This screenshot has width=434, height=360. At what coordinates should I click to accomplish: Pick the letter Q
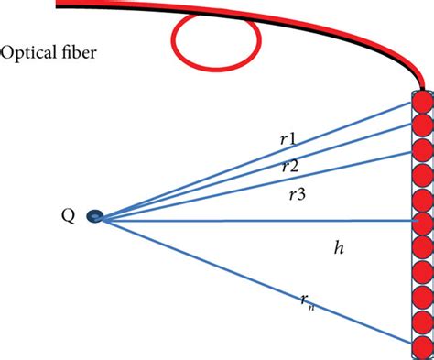click(x=68, y=216)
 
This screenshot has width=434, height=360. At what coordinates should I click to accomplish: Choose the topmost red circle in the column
click(x=422, y=103)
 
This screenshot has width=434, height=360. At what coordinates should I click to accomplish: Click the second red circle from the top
click(x=422, y=126)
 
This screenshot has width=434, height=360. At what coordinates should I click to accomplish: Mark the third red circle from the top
click(x=422, y=149)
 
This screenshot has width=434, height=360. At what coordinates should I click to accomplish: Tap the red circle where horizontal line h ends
click(x=422, y=222)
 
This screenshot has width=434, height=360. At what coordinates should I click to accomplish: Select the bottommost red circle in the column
click(x=422, y=345)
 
